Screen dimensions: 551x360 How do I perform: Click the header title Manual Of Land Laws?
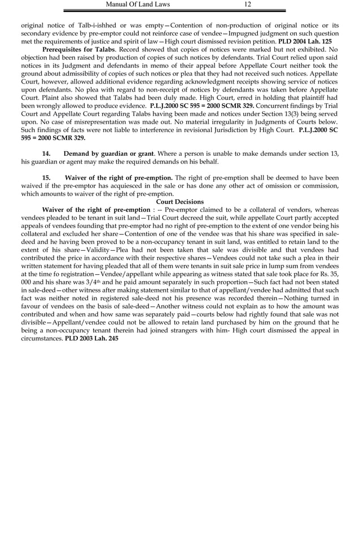click(x=138, y=5)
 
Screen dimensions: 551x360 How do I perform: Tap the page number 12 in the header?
click(x=248, y=5)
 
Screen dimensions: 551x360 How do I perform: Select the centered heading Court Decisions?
click(x=179, y=202)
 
